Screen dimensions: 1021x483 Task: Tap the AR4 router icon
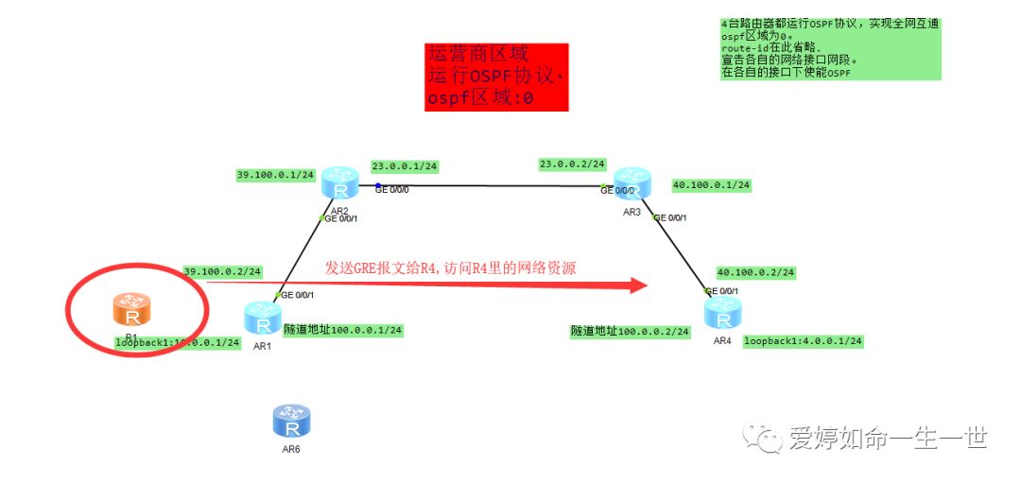(722, 313)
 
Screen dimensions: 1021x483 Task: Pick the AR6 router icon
(290, 421)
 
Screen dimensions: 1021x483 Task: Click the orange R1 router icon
(131, 309)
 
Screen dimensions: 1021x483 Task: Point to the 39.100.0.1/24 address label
(276, 175)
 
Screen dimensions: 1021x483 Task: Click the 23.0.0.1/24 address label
(405, 166)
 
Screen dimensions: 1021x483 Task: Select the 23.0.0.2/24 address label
(572, 164)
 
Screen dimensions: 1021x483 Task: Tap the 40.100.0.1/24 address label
(710, 185)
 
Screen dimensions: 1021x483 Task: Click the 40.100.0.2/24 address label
(755, 272)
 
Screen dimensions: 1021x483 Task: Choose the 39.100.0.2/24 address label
(222, 271)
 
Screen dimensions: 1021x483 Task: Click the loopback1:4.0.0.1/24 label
(803, 341)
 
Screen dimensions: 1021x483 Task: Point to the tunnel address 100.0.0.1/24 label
(343, 330)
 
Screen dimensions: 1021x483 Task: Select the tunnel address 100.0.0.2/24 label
(630, 332)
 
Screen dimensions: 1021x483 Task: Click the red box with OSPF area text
(496, 77)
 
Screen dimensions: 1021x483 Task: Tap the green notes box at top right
(830, 48)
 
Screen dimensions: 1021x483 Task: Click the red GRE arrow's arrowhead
(638, 285)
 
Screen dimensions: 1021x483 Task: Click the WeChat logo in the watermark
(762, 438)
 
